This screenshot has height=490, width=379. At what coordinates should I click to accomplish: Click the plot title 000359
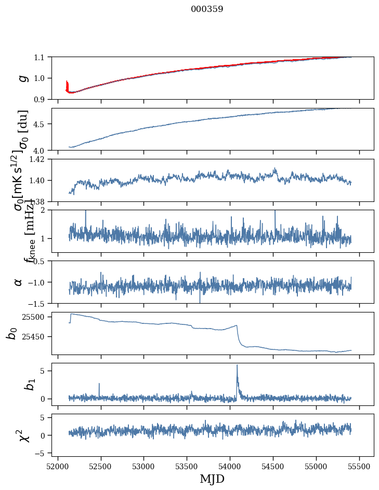pyautogui.click(x=207, y=9)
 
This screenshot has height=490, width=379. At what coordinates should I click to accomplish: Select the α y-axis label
pyautogui.click(x=18, y=282)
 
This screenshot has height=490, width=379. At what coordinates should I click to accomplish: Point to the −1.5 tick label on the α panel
pyautogui.click(x=38, y=303)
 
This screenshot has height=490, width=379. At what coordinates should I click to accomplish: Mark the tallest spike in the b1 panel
pyautogui.click(x=237, y=366)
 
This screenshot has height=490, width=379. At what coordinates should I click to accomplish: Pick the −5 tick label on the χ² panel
pyautogui.click(x=42, y=453)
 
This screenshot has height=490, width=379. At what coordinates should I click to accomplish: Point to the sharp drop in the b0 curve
pyautogui.click(x=239, y=335)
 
